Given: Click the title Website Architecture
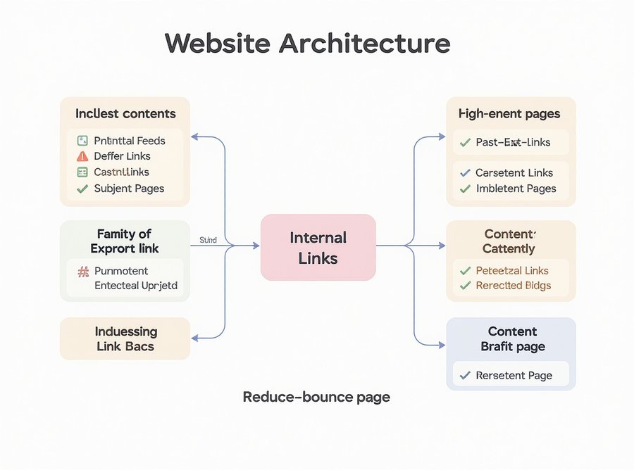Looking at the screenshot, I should (x=307, y=44).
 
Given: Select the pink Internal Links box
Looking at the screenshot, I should (x=318, y=248).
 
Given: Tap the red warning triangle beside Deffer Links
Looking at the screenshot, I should (x=82, y=156).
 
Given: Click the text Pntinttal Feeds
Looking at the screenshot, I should (x=129, y=141).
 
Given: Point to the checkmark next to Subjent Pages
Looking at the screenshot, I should (x=82, y=189).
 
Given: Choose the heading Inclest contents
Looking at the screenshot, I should (x=125, y=113).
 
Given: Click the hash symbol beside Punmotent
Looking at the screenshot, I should (x=82, y=271).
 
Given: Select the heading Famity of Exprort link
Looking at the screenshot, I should (x=125, y=241).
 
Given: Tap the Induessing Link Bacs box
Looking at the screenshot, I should (x=125, y=338).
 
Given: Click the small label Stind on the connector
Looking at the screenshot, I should (x=209, y=240).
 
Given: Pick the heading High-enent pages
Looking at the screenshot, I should (x=509, y=113).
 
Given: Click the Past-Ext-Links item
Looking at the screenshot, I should (x=513, y=142).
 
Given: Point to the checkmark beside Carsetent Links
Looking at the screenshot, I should (x=465, y=172).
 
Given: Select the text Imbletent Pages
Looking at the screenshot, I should (x=516, y=189).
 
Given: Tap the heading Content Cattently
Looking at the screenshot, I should (x=509, y=241).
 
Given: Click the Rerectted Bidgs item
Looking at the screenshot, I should (x=513, y=286).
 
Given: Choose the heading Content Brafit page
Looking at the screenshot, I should (x=512, y=338).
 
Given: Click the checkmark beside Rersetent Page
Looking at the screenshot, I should (x=465, y=376).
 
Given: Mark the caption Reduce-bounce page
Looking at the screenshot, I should (x=316, y=397).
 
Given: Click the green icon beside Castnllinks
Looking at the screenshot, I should (x=82, y=172).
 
